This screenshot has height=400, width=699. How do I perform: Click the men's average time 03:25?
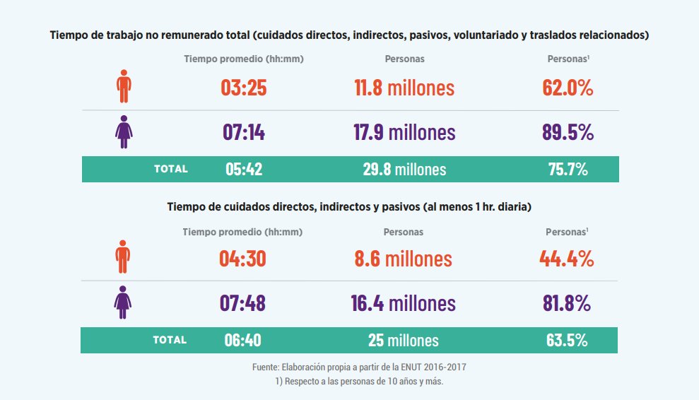tap(243, 88)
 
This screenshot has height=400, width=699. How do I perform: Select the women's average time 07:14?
tap(243, 132)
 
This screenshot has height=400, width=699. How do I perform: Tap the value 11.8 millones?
tap(404, 88)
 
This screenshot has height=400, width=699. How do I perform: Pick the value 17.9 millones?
tap(404, 132)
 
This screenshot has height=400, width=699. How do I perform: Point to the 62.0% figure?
tap(568, 88)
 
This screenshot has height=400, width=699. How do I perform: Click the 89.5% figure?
tap(568, 132)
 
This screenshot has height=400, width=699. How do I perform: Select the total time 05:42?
tap(244, 169)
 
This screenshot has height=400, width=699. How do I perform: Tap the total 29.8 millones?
tap(404, 169)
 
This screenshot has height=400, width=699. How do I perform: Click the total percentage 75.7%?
tap(568, 169)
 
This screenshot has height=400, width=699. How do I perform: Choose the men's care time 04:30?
tap(242, 259)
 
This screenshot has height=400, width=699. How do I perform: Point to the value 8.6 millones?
tap(403, 259)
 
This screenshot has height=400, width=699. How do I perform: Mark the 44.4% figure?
tap(566, 259)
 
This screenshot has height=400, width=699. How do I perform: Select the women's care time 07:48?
tap(242, 303)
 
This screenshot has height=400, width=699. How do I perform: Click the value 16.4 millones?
tap(403, 303)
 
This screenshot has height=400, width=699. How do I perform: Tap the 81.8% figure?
tap(566, 303)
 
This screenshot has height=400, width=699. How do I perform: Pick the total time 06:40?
tap(243, 340)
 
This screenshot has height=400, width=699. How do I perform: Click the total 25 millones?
tap(403, 340)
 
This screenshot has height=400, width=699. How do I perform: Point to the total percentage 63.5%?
tap(567, 340)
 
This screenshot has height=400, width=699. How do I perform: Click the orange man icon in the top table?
tap(124, 87)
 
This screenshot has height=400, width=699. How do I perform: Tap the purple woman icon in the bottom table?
tap(124, 302)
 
